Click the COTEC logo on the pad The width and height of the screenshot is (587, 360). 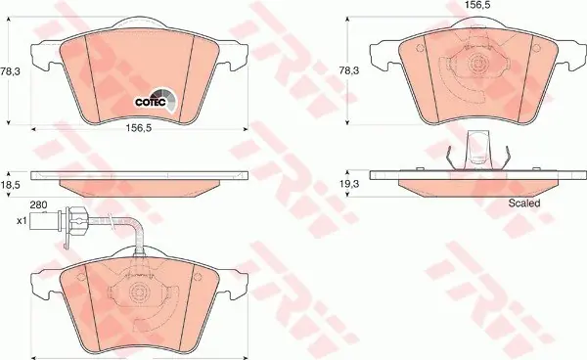pos(156,100)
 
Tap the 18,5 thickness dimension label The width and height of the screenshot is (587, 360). pos(10,185)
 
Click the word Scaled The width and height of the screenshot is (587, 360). pos(524,203)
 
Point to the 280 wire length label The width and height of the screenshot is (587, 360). pos(38,204)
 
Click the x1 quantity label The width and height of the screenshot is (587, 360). pos(22,221)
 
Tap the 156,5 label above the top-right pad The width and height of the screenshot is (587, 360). pos(477,5)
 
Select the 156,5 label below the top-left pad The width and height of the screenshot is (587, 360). pos(139,128)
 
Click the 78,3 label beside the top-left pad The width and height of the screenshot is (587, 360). pos(10,70)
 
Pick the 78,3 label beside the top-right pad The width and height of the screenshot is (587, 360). pos(349,70)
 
